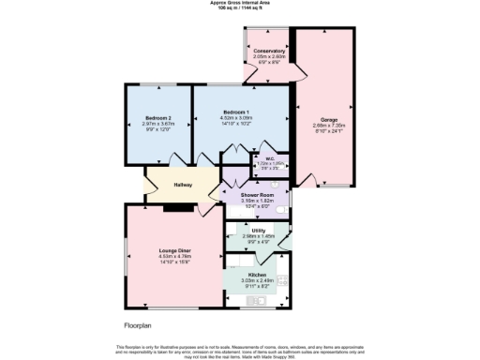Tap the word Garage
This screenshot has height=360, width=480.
(329, 119)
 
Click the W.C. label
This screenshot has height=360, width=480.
(270, 158)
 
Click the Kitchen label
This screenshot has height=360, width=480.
(257, 273)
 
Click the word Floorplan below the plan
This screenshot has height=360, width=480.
(138, 325)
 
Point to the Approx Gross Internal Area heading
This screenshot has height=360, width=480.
(239, 3)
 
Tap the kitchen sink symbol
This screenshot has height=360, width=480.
(252, 301)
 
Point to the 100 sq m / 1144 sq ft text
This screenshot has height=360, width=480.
(239, 8)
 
